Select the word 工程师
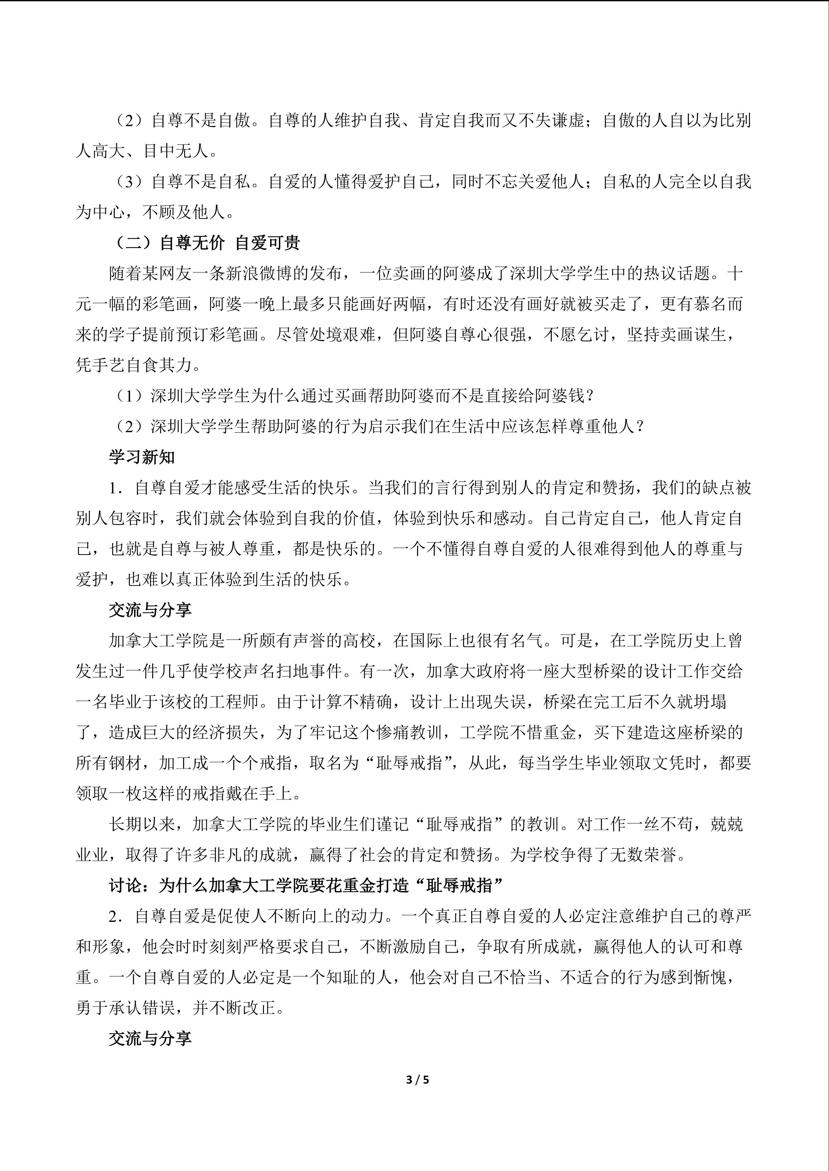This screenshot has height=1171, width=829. click(x=242, y=702)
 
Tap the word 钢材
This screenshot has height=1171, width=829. click(x=125, y=763)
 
